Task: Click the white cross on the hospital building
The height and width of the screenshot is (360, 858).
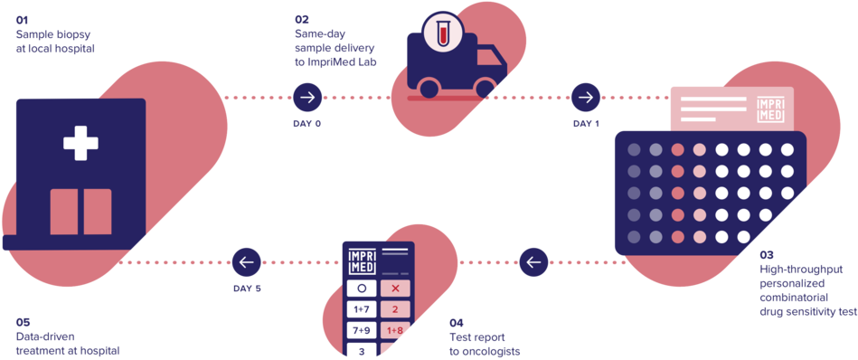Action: point(80,143)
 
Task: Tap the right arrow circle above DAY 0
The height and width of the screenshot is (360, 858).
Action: point(307,97)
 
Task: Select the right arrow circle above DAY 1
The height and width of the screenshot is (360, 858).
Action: point(586,97)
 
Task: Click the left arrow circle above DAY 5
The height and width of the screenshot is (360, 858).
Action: point(246,262)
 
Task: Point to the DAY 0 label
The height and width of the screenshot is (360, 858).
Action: point(307,123)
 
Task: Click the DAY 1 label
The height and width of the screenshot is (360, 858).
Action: point(586,123)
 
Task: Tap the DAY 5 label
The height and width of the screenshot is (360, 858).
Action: point(246,289)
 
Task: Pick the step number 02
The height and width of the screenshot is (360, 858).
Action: point(302,19)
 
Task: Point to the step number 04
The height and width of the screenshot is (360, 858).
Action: point(457,323)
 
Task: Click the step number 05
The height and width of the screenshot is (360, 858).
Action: point(23,321)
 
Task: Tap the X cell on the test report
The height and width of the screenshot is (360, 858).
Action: point(394,289)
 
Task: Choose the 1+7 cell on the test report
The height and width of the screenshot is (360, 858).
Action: point(363,309)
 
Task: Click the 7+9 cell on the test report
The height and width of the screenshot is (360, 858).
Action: point(363,330)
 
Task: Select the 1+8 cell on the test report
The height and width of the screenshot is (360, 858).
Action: point(394,330)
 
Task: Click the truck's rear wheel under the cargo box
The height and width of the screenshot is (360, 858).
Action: point(429,87)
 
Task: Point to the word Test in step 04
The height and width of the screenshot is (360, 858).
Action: point(458,337)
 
